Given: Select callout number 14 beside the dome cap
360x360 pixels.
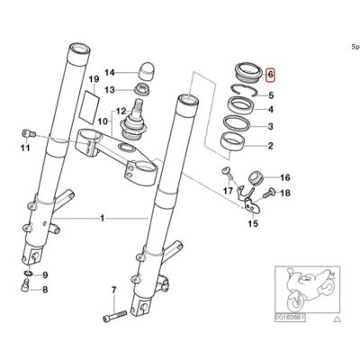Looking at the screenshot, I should (110, 73).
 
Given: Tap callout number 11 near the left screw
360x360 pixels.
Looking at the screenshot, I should (25, 148).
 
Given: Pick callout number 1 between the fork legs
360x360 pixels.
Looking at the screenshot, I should (102, 219).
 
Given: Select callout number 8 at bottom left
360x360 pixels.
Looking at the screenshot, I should (45, 291).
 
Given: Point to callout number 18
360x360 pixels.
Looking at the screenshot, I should (286, 193).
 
